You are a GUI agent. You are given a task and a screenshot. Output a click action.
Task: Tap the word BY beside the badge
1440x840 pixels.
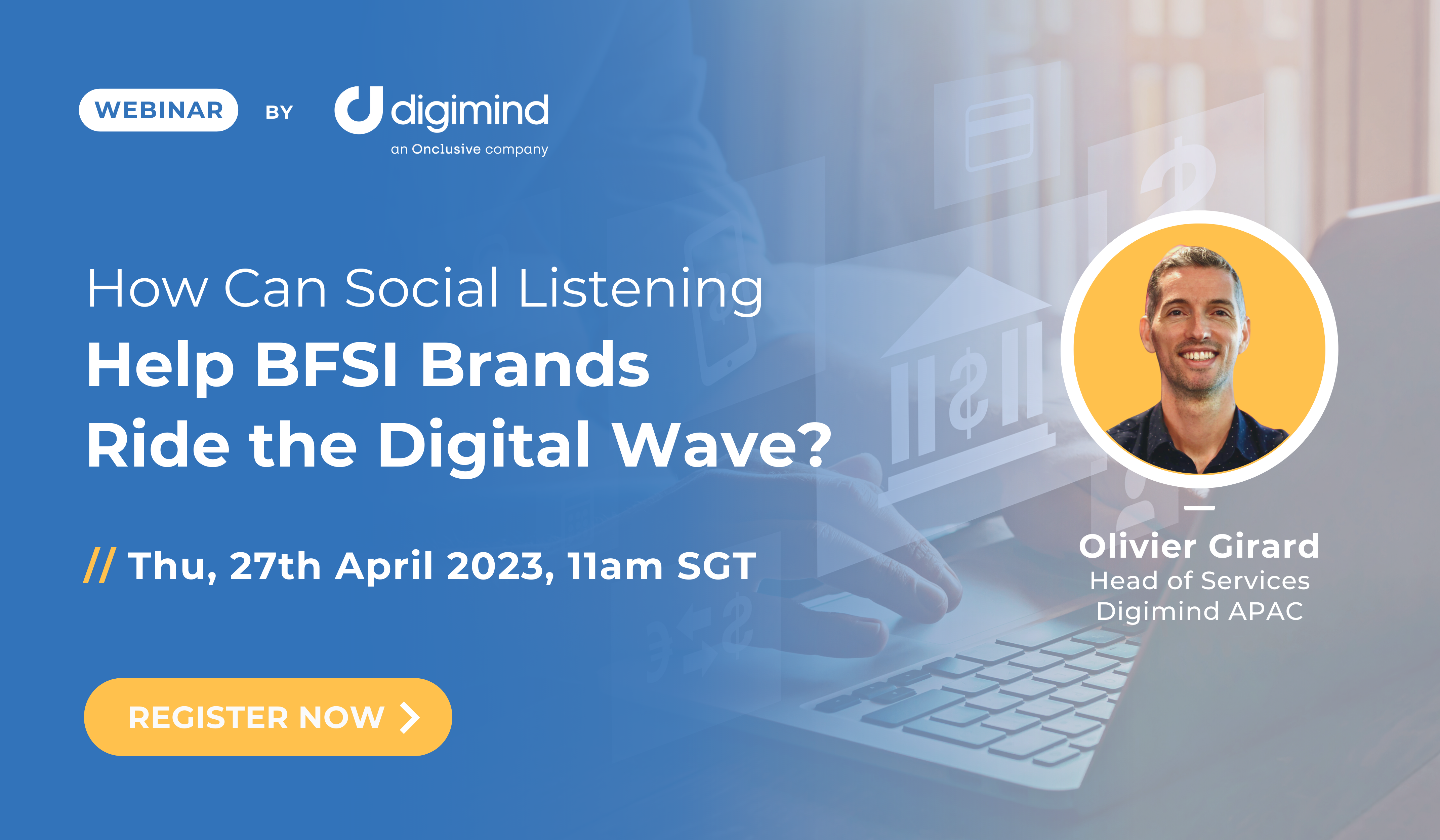coord(279,112)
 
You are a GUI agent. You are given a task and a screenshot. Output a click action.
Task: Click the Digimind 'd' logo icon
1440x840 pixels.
coord(358,110)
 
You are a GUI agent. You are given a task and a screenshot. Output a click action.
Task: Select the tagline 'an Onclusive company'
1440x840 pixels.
coord(469,149)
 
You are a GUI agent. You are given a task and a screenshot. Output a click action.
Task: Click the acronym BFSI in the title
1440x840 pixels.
coord(326,364)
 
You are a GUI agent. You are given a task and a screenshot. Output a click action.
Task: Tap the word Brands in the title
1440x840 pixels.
coord(535,364)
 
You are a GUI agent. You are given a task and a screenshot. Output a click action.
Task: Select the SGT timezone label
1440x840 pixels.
coord(716,566)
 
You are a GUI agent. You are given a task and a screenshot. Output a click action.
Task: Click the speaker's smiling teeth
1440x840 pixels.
coord(1199,355)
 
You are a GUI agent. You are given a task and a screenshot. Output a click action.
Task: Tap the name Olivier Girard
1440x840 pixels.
coord(1199,546)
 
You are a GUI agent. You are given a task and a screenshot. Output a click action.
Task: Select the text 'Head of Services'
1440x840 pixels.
coord(1199,581)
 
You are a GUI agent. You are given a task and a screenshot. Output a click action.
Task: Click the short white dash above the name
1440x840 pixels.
coord(1199,508)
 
